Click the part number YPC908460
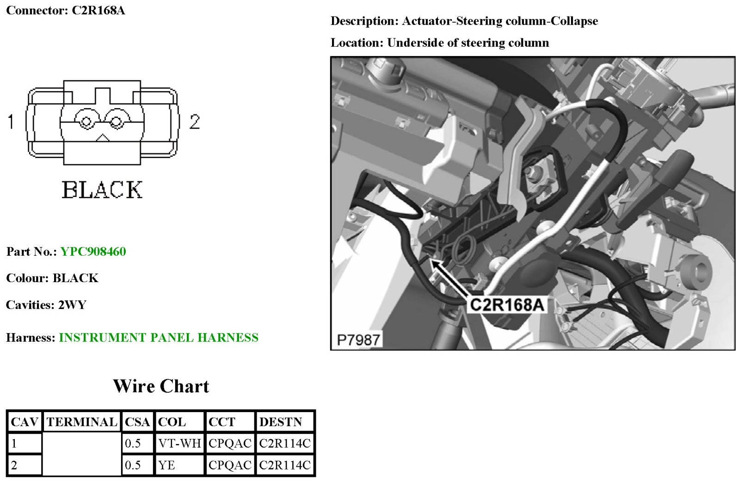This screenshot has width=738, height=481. (93, 252)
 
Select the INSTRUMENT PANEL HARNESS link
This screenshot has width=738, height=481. (158, 338)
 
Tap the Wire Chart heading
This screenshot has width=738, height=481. (161, 386)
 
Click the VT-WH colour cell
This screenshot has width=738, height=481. (179, 444)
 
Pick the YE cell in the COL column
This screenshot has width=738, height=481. (167, 465)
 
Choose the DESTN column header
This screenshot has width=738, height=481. (281, 422)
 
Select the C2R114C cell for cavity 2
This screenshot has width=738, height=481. (285, 465)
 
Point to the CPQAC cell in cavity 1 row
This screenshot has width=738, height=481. (230, 444)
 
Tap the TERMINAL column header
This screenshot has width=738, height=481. (81, 422)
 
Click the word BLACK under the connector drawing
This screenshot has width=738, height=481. (102, 190)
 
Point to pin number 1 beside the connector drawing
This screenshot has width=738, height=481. (11, 122)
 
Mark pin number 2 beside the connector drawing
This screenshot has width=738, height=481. (195, 122)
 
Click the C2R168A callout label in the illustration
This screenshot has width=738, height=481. (507, 305)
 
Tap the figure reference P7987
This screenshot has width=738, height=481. (358, 340)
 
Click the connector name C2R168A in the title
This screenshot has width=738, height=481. (98, 10)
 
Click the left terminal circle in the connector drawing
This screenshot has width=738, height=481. (86, 122)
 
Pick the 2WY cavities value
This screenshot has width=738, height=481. (72, 305)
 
